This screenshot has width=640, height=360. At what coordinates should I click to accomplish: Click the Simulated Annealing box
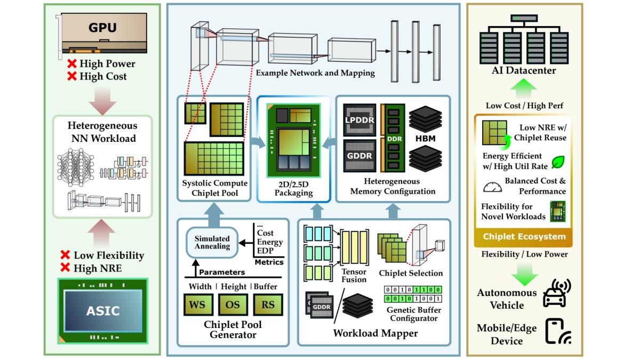(x=212, y=243)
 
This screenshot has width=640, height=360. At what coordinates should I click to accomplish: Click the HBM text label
(x=425, y=138)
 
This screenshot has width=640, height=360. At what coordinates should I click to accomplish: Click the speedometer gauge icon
(x=492, y=187)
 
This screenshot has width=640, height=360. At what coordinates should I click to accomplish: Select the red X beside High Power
(x=71, y=64)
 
